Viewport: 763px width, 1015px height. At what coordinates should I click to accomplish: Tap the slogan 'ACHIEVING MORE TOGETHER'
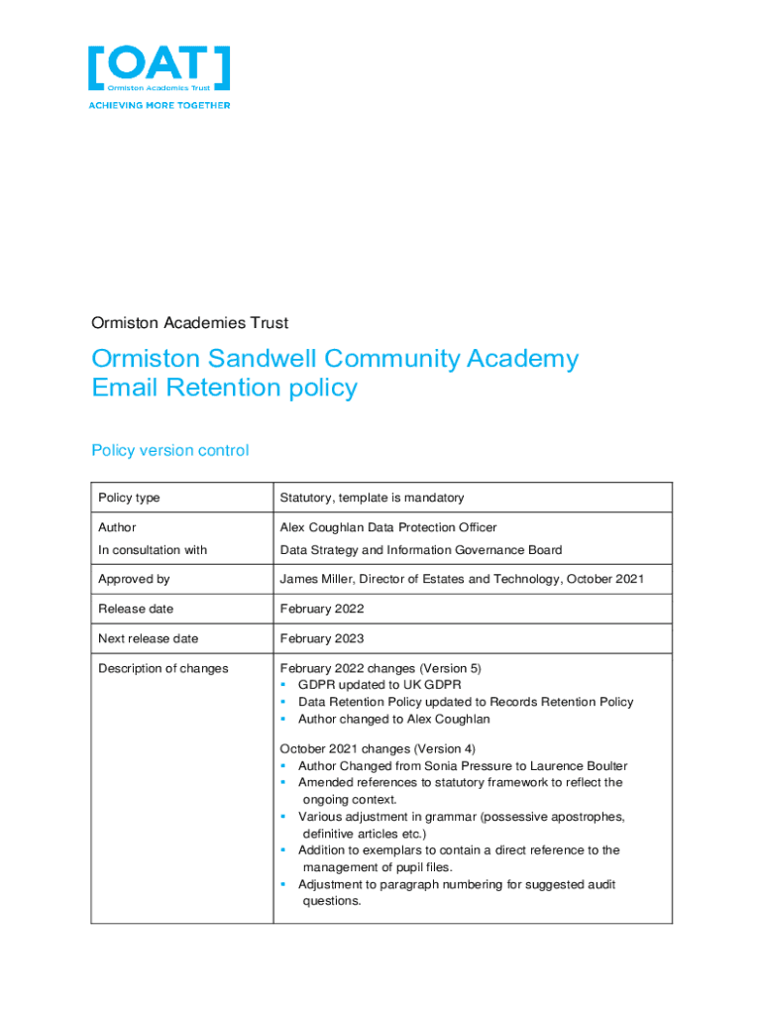click(160, 105)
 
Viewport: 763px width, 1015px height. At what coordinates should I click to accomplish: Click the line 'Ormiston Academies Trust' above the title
click(189, 323)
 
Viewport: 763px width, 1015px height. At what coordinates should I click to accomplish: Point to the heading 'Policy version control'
click(169, 451)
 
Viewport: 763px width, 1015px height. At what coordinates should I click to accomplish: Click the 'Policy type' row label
click(129, 498)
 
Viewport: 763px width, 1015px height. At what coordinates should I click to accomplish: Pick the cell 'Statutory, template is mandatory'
click(372, 498)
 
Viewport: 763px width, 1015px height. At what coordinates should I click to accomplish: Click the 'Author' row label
click(117, 527)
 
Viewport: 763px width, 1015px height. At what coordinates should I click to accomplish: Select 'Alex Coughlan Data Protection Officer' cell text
click(388, 527)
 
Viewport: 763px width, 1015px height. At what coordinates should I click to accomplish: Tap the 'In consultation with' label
click(153, 550)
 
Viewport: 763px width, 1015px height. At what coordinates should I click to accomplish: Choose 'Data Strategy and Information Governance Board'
click(421, 550)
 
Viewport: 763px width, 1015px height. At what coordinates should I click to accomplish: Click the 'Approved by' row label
click(134, 579)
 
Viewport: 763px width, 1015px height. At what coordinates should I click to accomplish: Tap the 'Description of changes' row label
click(163, 669)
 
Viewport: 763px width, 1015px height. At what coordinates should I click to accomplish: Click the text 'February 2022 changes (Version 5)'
click(381, 669)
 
